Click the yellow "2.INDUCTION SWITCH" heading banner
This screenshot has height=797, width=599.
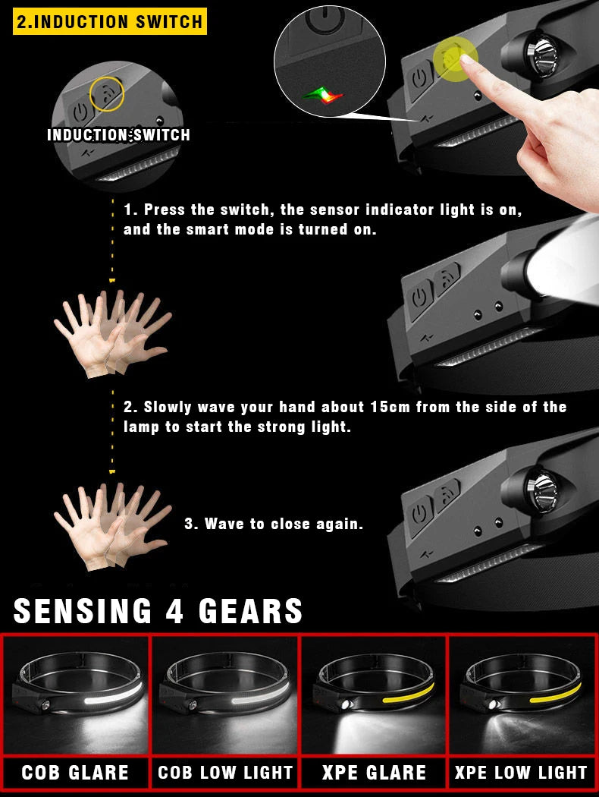(x=110, y=21)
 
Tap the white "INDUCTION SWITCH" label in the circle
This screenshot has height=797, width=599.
(x=118, y=135)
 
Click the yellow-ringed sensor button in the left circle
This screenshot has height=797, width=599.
(x=105, y=94)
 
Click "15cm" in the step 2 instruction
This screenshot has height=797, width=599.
(x=390, y=407)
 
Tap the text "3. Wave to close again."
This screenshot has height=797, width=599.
(x=274, y=524)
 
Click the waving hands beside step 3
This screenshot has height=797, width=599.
(x=111, y=527)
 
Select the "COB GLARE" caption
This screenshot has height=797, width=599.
(x=75, y=773)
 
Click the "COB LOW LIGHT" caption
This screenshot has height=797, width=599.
(x=225, y=773)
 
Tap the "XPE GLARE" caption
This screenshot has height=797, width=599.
(x=374, y=773)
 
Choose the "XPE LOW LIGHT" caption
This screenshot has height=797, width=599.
(x=522, y=773)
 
